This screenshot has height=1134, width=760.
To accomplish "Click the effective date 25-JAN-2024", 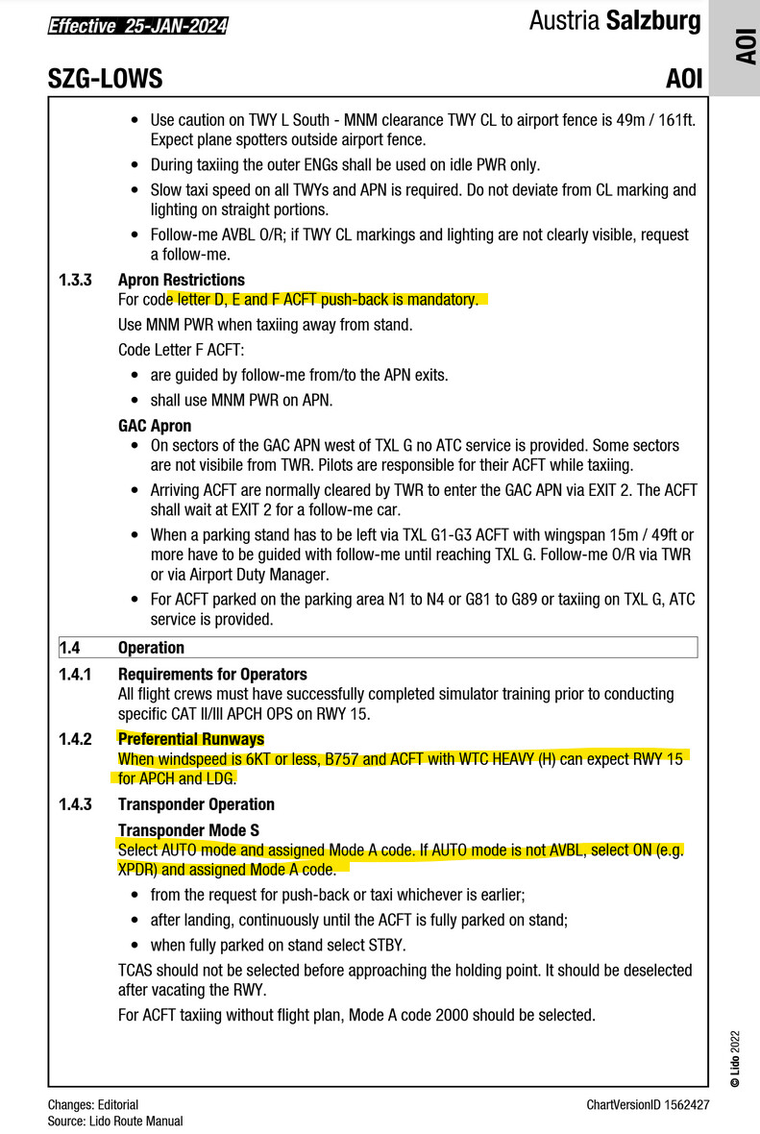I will tap(174, 27).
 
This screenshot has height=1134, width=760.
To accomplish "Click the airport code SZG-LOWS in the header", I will tap(105, 79).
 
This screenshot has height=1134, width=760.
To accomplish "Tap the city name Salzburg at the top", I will tap(653, 21).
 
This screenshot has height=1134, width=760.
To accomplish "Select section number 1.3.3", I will tap(76, 281).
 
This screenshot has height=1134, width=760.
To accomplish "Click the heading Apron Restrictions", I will tap(182, 281).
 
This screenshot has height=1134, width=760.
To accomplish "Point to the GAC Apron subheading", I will tap(155, 426).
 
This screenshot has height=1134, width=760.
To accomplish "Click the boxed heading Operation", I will tap(151, 649).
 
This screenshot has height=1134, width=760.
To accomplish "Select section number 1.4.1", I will tap(76, 675).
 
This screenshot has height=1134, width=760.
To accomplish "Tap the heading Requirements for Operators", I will tap(212, 675).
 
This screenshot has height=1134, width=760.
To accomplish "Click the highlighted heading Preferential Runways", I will tap(190, 739).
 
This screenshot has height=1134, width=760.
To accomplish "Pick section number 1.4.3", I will tap(76, 804).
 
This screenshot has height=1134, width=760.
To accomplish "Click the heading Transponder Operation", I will tap(196, 804).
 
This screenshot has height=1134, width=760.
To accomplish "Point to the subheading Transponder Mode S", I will tap(187, 830).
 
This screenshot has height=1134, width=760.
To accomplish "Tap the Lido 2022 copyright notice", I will tap(735, 1057).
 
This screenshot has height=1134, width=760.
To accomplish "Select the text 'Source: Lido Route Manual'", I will tap(115, 1121).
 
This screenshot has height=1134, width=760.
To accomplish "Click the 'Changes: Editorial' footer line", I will tap(93, 1105).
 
